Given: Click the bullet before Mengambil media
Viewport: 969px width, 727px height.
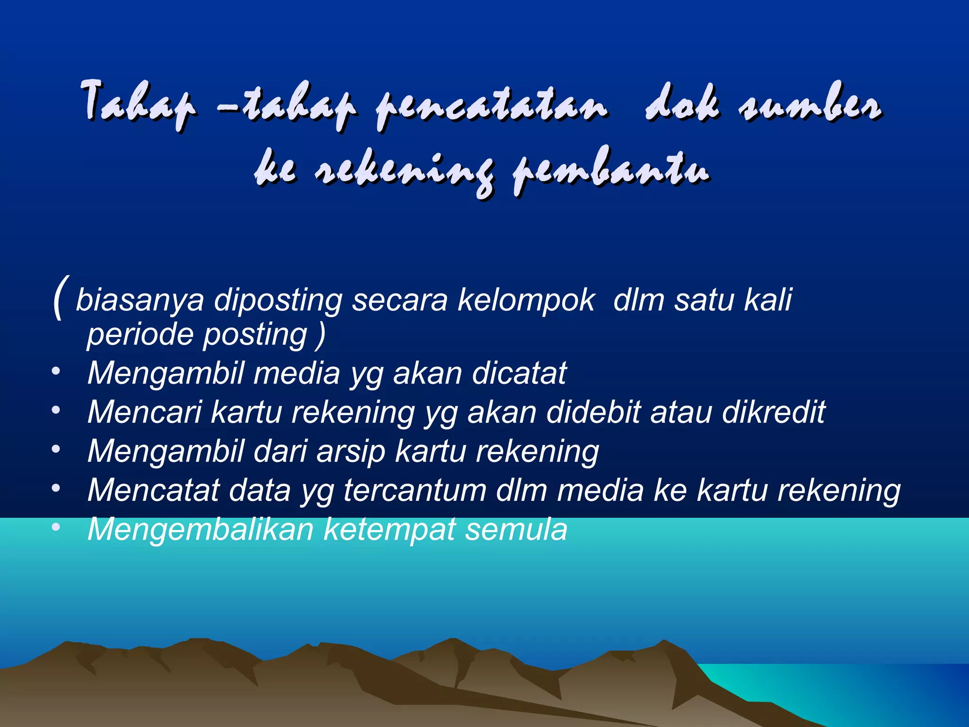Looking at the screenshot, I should click(x=56, y=372).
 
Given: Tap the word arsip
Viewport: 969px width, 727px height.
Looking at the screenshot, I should click(x=351, y=452).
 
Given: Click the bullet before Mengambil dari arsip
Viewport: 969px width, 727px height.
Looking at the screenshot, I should click(x=56, y=450).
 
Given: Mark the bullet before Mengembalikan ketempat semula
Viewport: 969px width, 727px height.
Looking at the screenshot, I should click(x=56, y=527).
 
